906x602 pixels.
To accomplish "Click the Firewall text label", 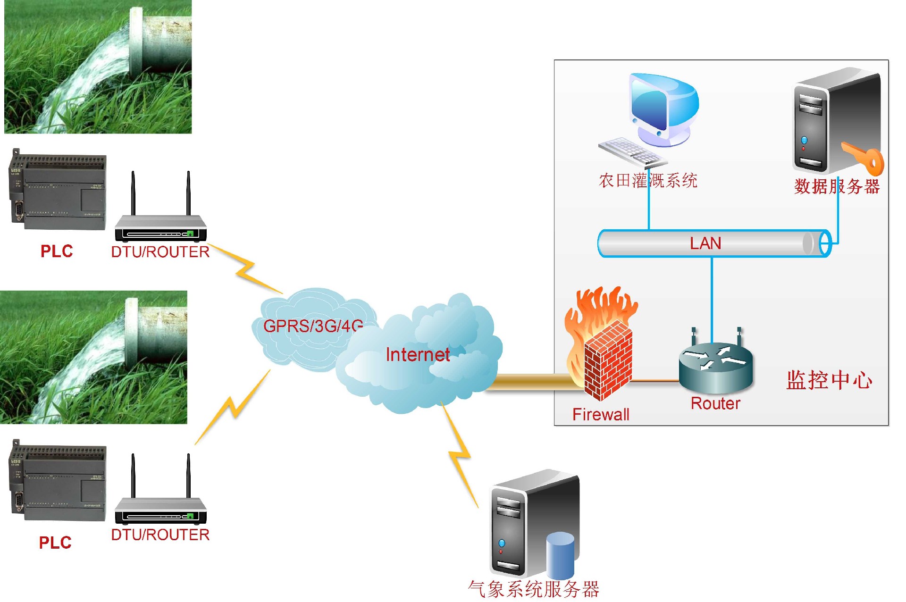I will [x=600, y=414].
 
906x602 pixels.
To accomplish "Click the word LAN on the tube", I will [x=705, y=243].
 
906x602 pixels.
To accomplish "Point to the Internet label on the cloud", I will [x=417, y=355].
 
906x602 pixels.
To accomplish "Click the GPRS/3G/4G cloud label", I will [x=313, y=326].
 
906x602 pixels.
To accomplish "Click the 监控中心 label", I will [x=829, y=380].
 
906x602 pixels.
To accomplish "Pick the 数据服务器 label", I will [x=837, y=187].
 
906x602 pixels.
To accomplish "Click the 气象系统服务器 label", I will [x=533, y=589].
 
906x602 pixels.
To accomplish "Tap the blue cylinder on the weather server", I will [x=560, y=555].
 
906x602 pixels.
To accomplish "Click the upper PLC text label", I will [x=57, y=251].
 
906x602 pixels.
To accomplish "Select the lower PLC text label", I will [x=55, y=543].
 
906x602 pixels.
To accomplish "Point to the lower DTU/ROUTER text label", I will [x=160, y=535].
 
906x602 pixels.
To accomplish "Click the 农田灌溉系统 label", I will [x=647, y=181].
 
